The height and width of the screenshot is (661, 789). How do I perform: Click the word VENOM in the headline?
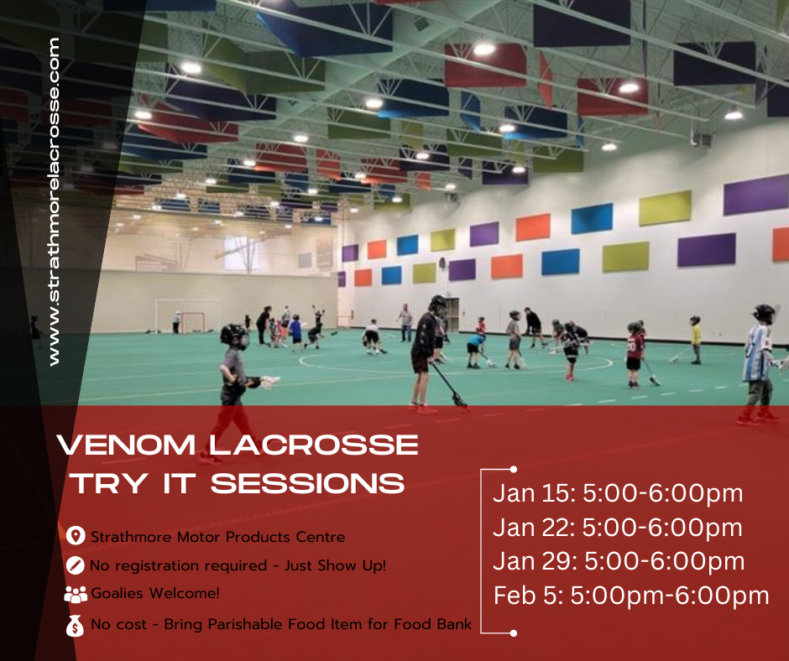click(x=126, y=445)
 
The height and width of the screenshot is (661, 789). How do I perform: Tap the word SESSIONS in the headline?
click(x=307, y=483)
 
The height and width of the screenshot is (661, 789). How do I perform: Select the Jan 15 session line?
click(x=618, y=493)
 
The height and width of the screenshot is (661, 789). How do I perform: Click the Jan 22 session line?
click(x=618, y=528)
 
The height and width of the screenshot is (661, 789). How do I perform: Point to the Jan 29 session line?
click(x=619, y=561)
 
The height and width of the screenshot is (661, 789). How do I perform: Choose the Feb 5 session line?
click(x=631, y=596)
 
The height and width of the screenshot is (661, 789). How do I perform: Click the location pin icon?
click(x=76, y=536)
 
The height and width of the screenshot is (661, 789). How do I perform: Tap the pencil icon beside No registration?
click(x=75, y=565)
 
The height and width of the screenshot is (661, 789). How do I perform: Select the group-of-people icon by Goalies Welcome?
click(x=76, y=595)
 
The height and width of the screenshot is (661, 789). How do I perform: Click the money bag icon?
click(x=75, y=625)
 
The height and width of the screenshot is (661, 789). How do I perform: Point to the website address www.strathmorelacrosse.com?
click(x=54, y=201)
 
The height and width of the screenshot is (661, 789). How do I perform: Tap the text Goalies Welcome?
click(x=155, y=594)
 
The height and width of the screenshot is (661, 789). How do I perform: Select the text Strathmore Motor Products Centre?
click(x=218, y=537)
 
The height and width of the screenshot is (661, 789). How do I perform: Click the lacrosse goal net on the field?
click(x=193, y=322)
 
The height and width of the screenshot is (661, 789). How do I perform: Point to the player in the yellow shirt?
click(x=695, y=340)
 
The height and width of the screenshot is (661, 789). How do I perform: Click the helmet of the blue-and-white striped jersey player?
click(x=764, y=314)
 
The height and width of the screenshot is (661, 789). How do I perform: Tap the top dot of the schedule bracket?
click(x=513, y=470)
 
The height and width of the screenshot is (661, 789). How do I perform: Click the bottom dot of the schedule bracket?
click(x=513, y=632)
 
